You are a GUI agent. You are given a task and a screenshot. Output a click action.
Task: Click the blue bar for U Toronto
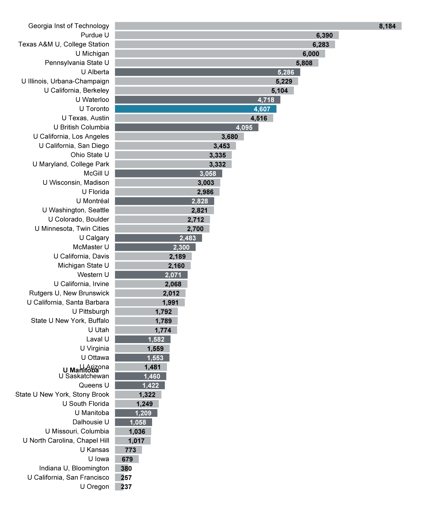(195, 109)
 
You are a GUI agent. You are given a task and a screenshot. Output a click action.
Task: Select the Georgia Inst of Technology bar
(258, 26)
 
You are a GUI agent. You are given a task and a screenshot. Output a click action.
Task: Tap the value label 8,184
(387, 26)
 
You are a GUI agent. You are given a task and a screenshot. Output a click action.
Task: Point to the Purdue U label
(95, 35)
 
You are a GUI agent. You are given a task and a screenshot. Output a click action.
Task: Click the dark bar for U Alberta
(207, 72)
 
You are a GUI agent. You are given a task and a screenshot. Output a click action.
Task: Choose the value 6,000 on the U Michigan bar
(311, 54)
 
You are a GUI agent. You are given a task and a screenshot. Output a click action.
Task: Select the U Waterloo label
(92, 100)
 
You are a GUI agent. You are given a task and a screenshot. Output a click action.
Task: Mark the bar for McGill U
(168, 174)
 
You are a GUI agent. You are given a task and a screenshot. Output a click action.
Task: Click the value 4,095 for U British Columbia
(244, 127)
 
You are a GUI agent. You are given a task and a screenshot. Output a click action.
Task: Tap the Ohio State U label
(90, 155)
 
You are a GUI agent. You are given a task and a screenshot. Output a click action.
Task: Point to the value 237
(126, 487)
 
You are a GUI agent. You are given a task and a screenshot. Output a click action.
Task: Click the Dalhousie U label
(90, 422)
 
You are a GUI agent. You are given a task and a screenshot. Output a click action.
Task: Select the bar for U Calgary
(158, 238)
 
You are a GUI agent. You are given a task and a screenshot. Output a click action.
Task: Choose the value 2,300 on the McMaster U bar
(181, 247)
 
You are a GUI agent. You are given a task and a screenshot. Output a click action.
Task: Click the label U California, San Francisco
(68, 478)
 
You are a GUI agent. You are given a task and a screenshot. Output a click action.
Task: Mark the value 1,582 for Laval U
(156, 339)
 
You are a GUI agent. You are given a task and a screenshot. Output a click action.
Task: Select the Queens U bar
(140, 385)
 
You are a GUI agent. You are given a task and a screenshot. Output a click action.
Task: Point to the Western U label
(93, 275)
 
